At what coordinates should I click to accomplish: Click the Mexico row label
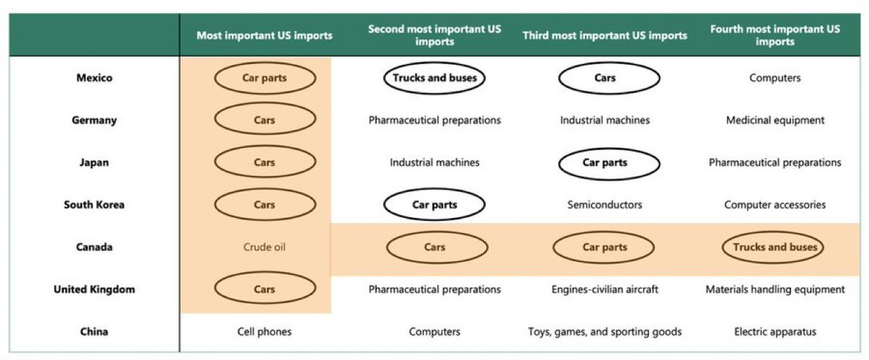(94, 78)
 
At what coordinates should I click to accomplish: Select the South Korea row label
(94, 205)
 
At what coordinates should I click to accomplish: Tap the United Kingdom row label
(94, 289)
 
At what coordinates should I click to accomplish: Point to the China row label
(94, 331)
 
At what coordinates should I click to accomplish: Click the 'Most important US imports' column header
(264, 35)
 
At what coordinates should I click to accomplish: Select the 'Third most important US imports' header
(605, 35)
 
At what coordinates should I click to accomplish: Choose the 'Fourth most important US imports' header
(775, 35)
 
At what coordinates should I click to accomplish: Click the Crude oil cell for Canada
(264, 247)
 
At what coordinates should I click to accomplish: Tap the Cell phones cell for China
(264, 331)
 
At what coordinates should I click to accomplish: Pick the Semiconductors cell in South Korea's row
(605, 205)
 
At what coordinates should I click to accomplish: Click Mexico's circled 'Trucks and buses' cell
(434, 78)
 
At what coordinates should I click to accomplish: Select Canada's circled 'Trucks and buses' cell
(775, 247)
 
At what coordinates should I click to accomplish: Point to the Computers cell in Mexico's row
(775, 78)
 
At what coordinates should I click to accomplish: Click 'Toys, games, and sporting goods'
(605, 331)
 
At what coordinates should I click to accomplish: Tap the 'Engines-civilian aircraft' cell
(605, 289)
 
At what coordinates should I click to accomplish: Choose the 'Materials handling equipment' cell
(775, 289)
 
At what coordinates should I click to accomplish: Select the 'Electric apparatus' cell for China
(775, 331)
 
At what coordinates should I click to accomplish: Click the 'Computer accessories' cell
(775, 205)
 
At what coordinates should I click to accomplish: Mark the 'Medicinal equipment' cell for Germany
(775, 120)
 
